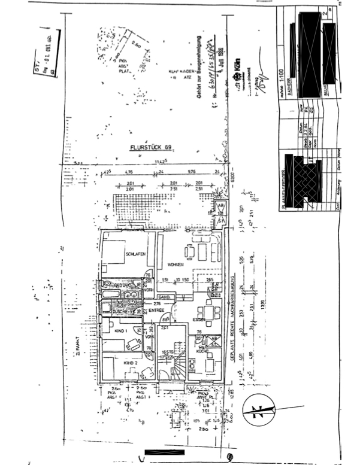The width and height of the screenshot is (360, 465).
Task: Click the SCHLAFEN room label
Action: pos(137,254)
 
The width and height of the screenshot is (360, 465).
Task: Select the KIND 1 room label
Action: pos(122,330)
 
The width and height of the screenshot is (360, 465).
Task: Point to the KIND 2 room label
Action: pos(132,363)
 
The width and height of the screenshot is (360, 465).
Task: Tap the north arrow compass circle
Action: pos(259,412)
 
